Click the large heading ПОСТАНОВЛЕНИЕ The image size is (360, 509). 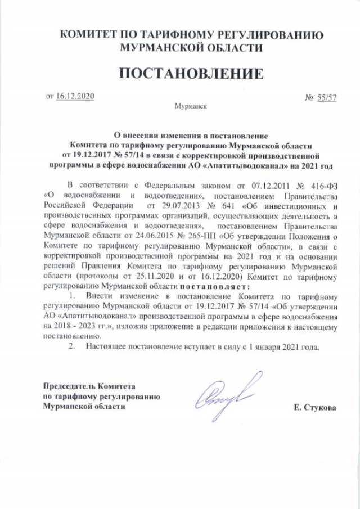point(190,74)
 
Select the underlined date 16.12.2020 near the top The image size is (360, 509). point(75,97)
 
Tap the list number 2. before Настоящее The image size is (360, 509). point(71,346)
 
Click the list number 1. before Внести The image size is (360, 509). point(71,296)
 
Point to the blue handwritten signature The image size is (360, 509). point(228,394)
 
